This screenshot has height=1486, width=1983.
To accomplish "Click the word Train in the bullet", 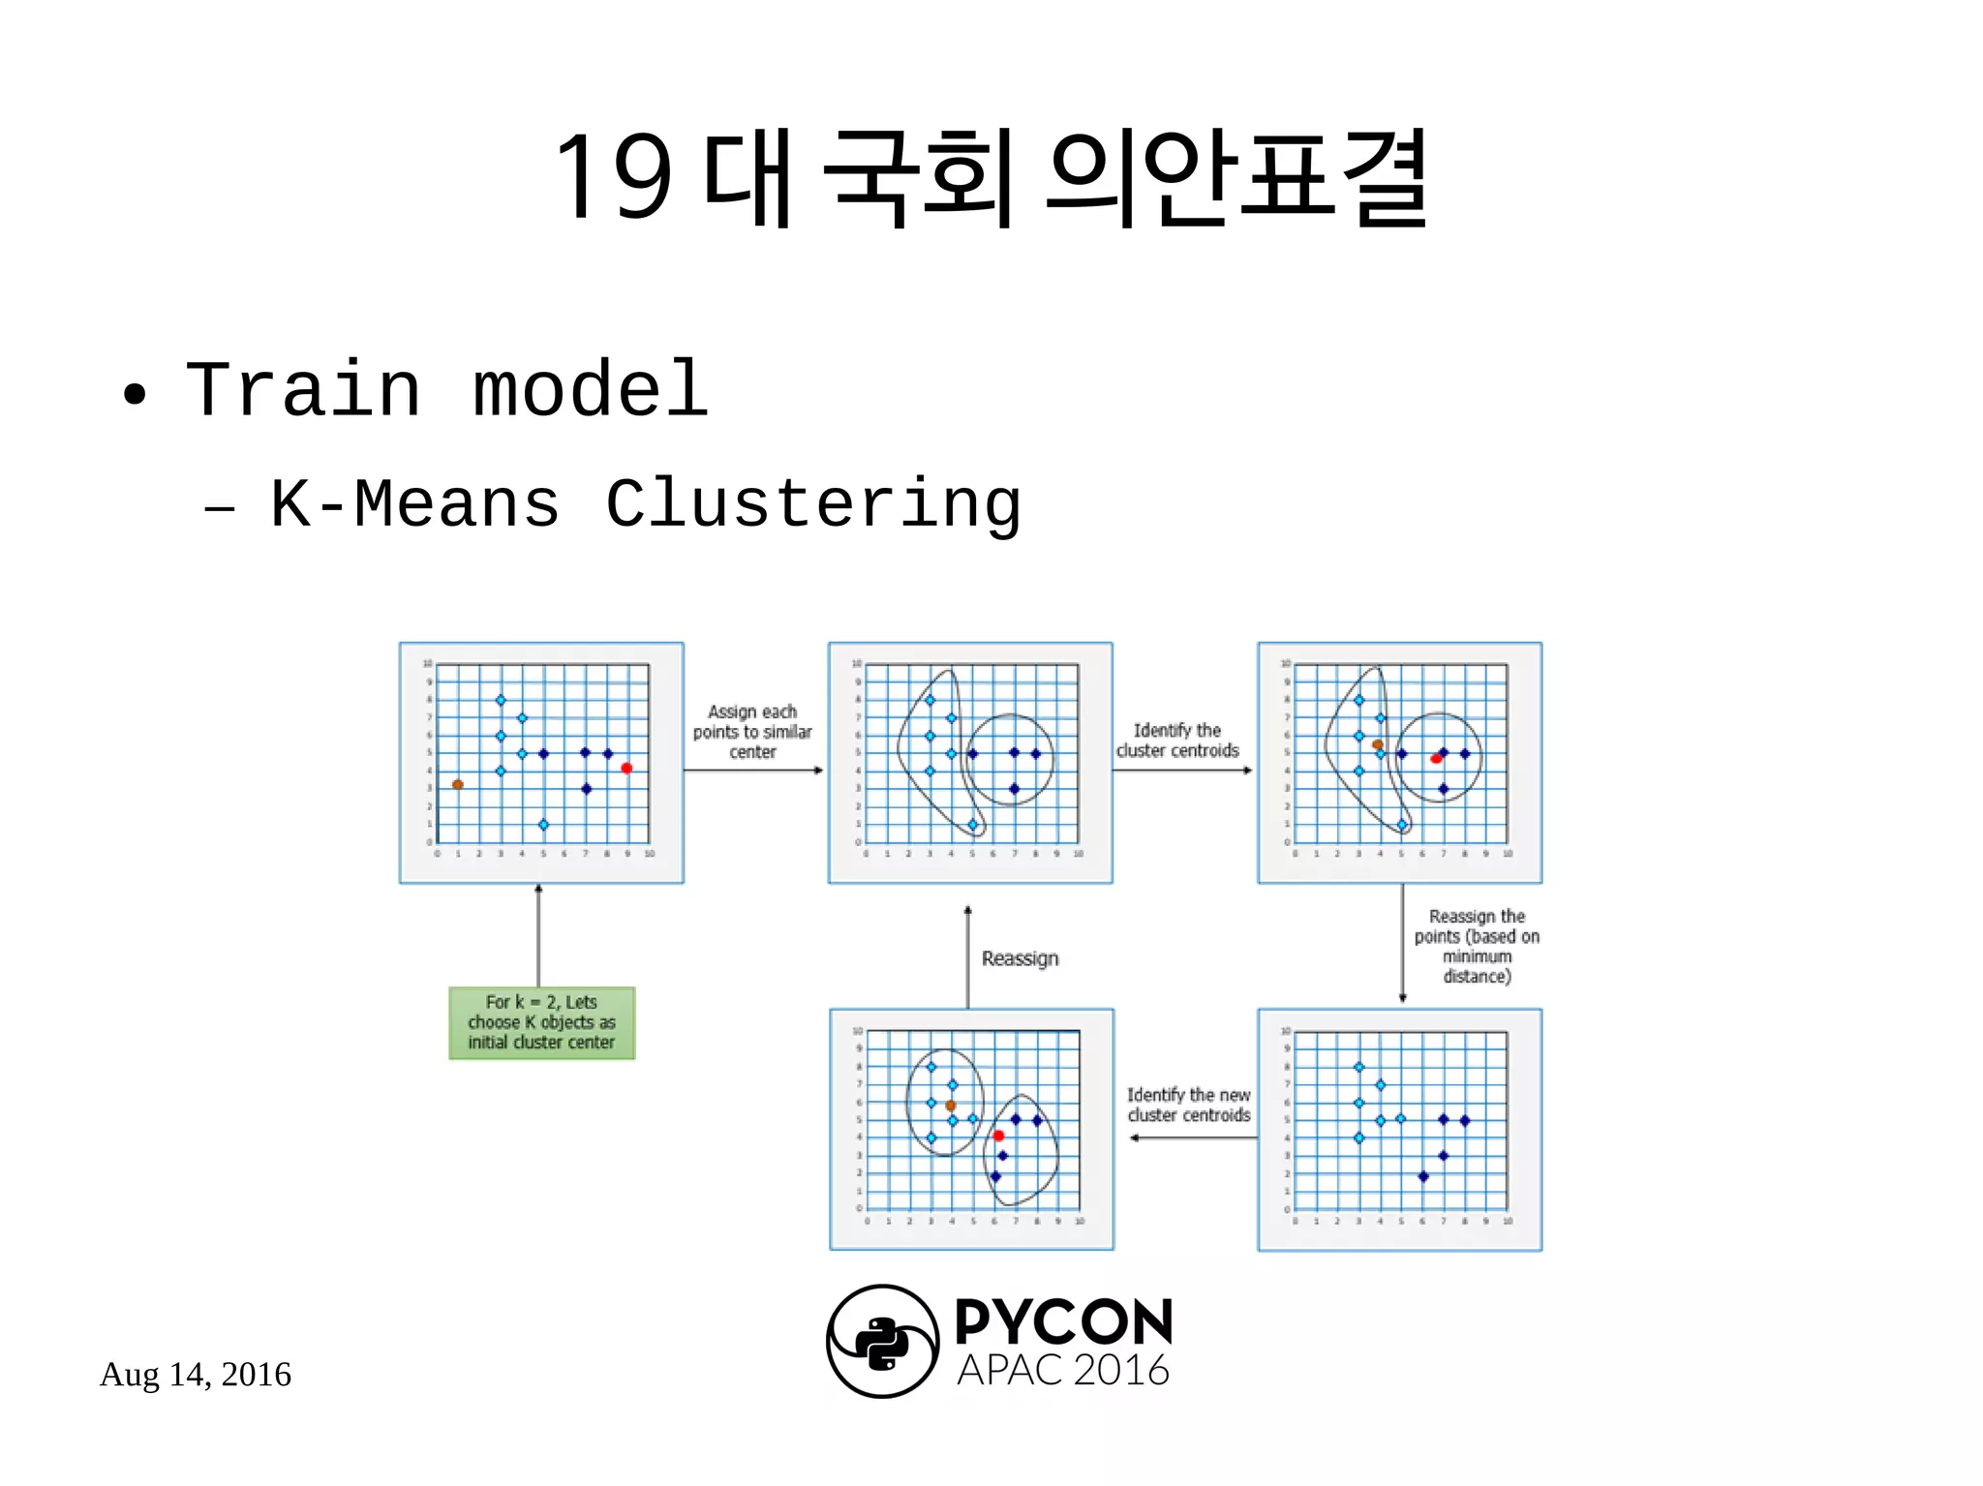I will [x=302, y=389].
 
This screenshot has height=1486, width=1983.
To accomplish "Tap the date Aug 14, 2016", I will [x=196, y=1374].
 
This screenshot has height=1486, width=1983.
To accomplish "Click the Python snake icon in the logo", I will [x=882, y=1342].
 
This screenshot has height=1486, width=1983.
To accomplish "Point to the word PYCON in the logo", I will [x=1063, y=1322].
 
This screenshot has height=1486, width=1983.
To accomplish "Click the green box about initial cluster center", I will [x=541, y=1022].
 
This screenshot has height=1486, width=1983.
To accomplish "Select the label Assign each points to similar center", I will [x=752, y=731].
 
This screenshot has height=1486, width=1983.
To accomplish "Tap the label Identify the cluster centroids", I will [x=1177, y=741].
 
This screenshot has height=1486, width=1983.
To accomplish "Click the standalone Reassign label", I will [x=1020, y=958].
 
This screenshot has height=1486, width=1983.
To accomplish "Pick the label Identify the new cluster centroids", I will [x=1188, y=1105].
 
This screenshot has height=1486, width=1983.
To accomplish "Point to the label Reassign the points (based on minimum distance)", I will [x=1476, y=946].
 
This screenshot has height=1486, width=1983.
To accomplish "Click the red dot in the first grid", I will [x=626, y=769].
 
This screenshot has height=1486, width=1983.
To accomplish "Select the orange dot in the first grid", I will [x=458, y=784].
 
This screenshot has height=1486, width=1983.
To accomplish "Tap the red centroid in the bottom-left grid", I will [x=998, y=1136].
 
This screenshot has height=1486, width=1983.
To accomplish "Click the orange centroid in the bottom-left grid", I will [x=951, y=1105].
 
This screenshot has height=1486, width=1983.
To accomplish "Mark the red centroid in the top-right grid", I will [x=1436, y=758].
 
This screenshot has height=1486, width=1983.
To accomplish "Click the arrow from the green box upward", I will [x=538, y=935].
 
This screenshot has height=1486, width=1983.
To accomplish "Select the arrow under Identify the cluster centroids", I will [x=1182, y=771].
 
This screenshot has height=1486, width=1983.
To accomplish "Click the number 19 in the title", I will [x=614, y=176].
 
